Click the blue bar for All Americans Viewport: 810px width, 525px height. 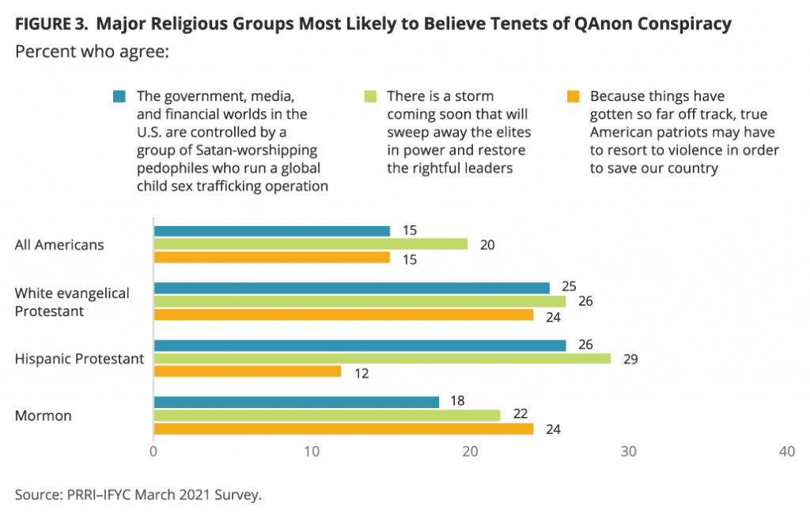[271, 231]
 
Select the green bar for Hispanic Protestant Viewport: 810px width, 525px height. [382, 358]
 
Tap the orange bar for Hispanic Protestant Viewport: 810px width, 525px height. [247, 372]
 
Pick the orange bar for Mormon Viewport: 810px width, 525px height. [343, 429]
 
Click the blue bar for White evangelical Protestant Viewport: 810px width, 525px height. [351, 288]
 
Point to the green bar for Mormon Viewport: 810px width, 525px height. [327, 415]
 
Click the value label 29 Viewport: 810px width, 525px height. [630, 358]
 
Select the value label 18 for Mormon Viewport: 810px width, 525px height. [457, 401]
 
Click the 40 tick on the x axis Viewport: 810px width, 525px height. [786, 451]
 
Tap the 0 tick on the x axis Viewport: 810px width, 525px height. [153, 451]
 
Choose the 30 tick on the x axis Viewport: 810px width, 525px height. [628, 451]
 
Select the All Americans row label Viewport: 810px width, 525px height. [59, 244]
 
